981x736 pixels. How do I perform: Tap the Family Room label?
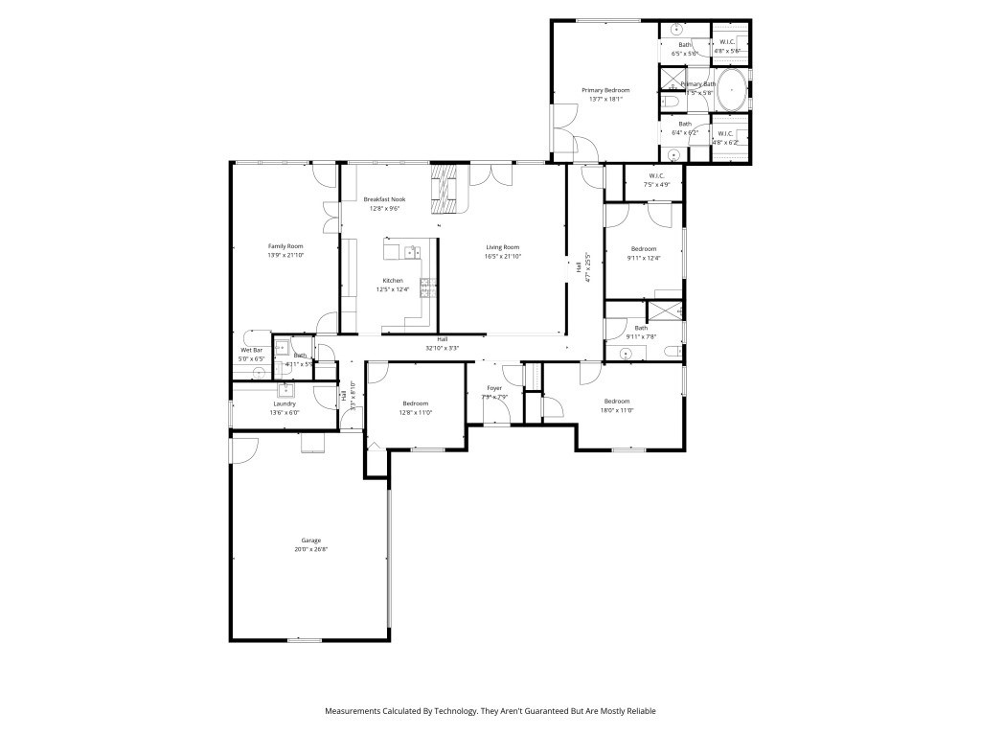pyautogui.click(x=285, y=246)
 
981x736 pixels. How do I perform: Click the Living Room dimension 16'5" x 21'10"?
pyautogui.click(x=502, y=256)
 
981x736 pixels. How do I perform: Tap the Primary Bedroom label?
pyautogui.click(x=605, y=90)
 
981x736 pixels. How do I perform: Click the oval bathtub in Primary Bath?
pyautogui.click(x=731, y=90)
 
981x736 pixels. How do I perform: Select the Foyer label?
pyautogui.click(x=493, y=388)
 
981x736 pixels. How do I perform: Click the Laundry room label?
pyautogui.click(x=284, y=403)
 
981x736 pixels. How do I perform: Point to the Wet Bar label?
pyautogui.click(x=250, y=350)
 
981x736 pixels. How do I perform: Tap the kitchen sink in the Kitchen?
pyautogui.click(x=411, y=253)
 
